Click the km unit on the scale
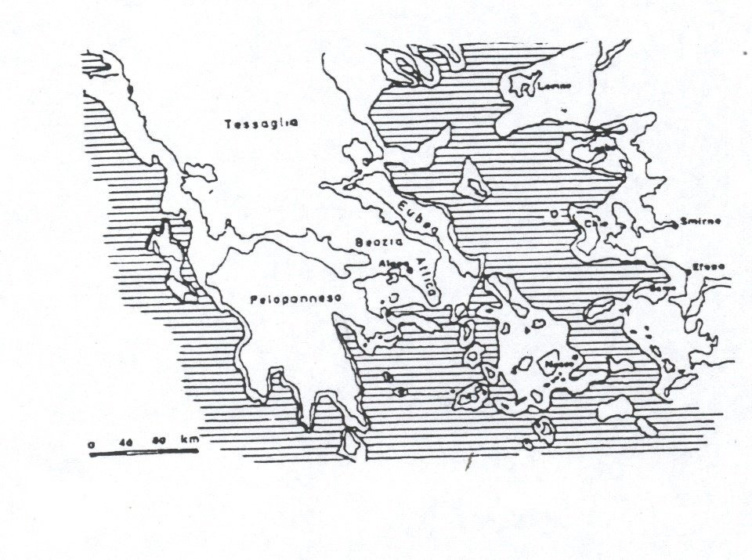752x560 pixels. (190, 439)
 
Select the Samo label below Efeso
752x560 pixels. (660, 289)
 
